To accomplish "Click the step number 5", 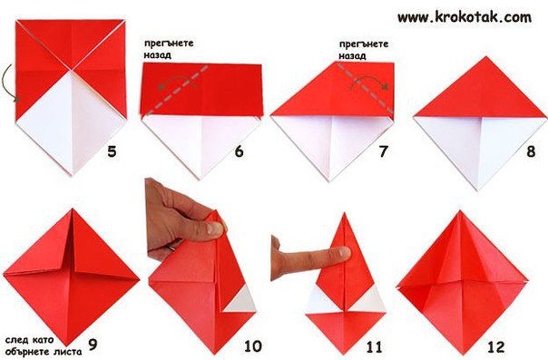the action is click(112, 151).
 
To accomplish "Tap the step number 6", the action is click(239, 151).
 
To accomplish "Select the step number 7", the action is click(384, 151).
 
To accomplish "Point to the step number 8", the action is click(531, 151).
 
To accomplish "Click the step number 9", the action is click(93, 344).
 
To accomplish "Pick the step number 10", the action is click(253, 346).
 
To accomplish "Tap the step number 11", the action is click(374, 346).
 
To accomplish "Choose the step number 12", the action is click(496, 346).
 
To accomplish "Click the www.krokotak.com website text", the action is click(465, 16).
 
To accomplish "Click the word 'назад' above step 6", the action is click(157, 55).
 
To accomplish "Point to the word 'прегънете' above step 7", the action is click(364, 44).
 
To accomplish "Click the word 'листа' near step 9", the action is click(70, 351).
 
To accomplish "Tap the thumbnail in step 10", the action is click(213, 229).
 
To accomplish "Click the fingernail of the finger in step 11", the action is click(343, 252).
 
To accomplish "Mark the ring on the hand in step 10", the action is click(171, 247).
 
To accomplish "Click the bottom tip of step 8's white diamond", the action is click(478, 190).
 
